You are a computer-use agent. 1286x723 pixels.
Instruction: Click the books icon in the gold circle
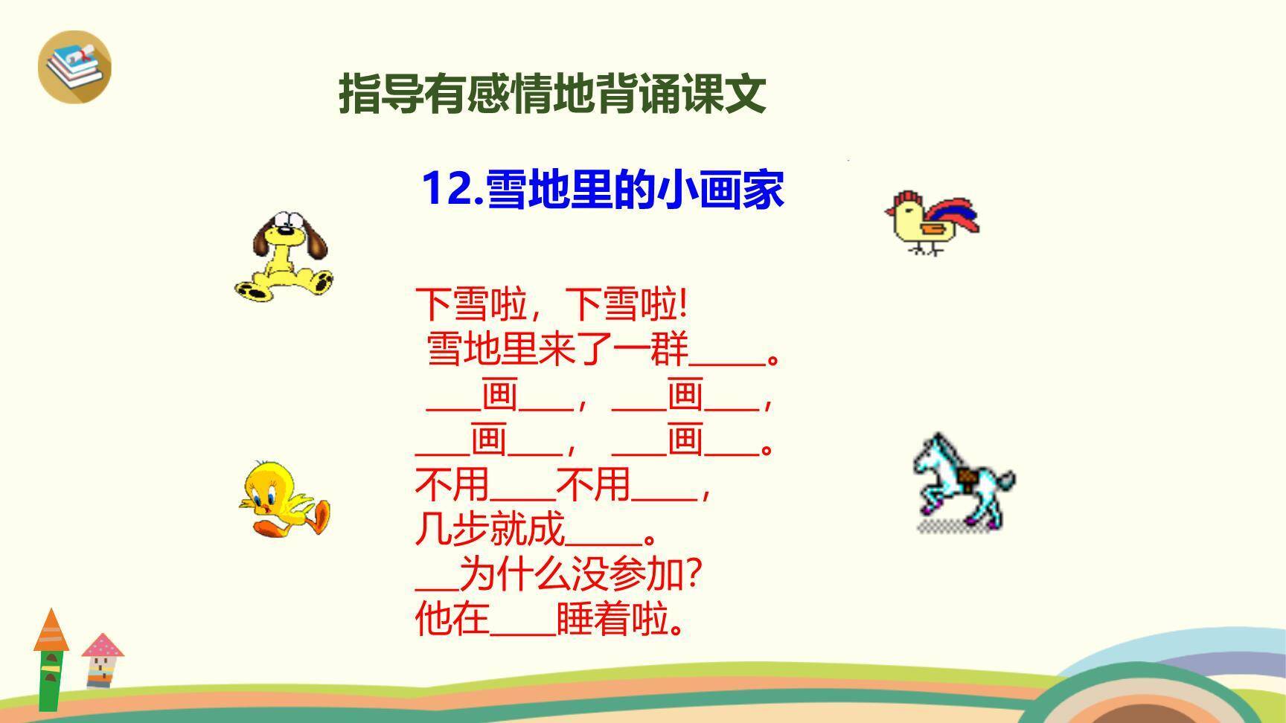point(74,65)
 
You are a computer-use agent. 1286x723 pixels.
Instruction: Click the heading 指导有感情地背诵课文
point(552,94)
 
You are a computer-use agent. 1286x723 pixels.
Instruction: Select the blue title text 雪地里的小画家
point(635,189)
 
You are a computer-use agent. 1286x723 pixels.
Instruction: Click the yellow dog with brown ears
point(283,257)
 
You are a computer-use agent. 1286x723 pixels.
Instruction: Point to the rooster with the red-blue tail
point(932,222)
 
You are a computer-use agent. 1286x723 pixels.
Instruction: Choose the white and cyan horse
point(962,480)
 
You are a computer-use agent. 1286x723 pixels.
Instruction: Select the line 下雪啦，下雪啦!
point(551,305)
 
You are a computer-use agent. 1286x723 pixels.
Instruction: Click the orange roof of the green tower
point(51,631)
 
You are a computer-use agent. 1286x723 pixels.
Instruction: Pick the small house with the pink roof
point(102,659)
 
